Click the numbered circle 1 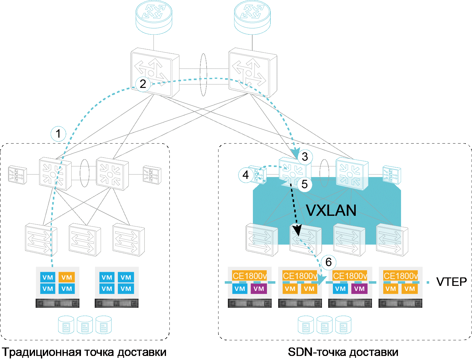click(58, 134)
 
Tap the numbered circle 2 click(143, 84)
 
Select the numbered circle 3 click(305, 156)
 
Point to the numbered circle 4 click(246, 175)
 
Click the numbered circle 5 click(304, 184)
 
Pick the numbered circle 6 click(328, 262)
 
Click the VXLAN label click(331, 210)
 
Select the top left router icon click(154, 17)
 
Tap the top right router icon click(252, 17)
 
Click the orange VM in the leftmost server click(67, 277)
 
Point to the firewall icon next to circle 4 click(259, 175)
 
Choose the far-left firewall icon click(17, 175)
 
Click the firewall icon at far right click(392, 175)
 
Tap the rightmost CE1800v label click(400, 276)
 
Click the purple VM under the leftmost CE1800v click(259, 289)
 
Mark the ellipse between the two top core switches click(203, 74)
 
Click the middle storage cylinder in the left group click(85, 325)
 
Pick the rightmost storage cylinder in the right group click(343, 325)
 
